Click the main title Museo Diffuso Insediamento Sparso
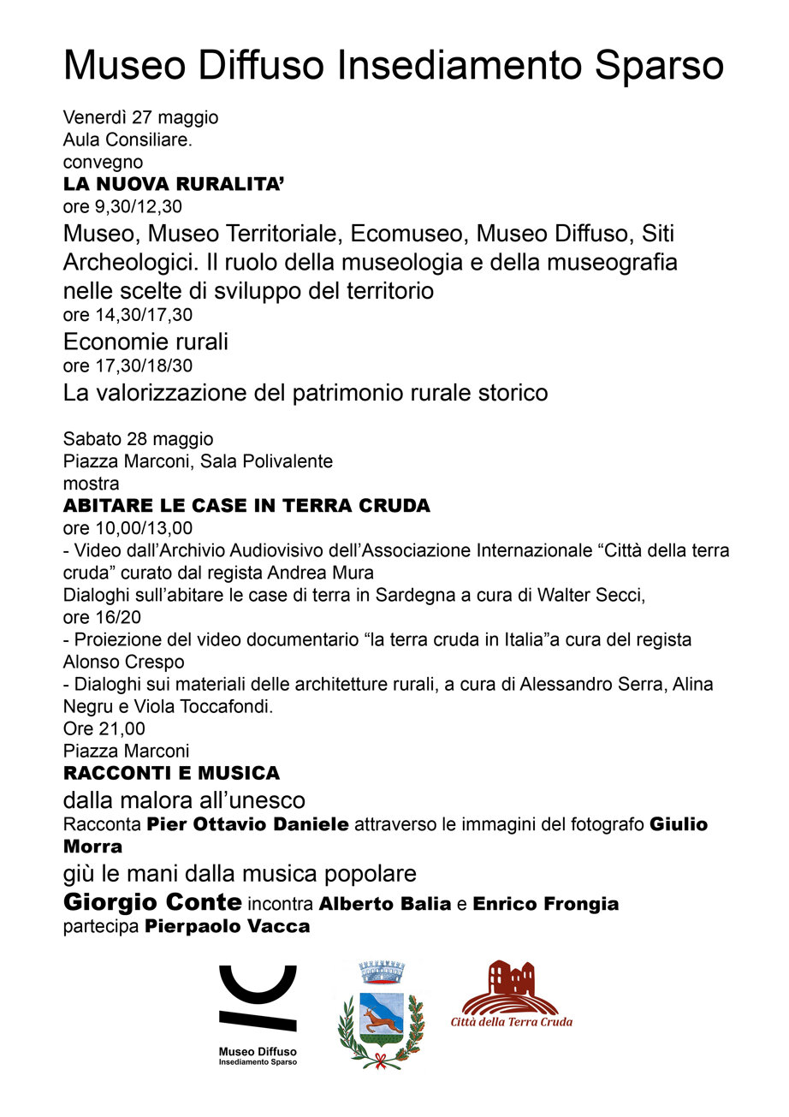coord(394,67)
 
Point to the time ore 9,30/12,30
coord(122,206)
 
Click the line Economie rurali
coord(145,342)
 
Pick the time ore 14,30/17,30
coord(128,314)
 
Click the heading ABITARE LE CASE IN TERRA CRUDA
coord(246,506)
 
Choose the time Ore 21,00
coord(104,729)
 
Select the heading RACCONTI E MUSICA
coord(171,774)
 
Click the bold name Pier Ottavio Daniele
coord(247,825)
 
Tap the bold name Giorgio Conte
coord(152,902)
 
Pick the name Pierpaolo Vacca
coord(227,926)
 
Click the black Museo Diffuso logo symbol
coord(258,997)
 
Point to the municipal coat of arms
coord(380,1013)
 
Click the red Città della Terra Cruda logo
coord(511,993)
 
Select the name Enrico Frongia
coord(545,904)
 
